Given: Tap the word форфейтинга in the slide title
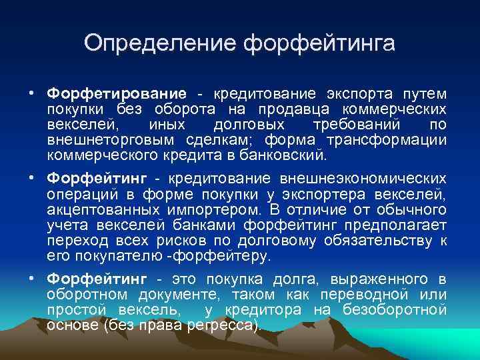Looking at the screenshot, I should [319, 44].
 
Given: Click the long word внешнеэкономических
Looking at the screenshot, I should [359, 178].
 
